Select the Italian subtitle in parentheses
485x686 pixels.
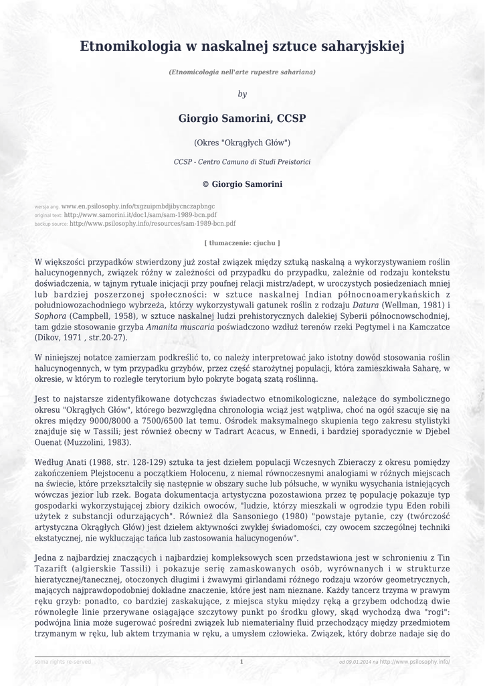(242, 71)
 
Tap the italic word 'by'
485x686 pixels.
(242, 94)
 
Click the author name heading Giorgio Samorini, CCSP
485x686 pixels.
(242, 119)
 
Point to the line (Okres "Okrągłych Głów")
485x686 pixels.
(242, 143)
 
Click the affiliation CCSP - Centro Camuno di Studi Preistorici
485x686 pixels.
(242, 162)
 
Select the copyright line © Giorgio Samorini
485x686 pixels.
(242, 184)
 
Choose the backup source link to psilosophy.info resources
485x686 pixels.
(153, 224)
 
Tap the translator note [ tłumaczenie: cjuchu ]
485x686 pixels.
(242, 243)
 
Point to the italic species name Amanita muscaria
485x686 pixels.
(180, 327)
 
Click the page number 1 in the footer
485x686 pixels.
(241, 662)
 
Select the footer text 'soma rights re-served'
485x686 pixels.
(63, 662)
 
